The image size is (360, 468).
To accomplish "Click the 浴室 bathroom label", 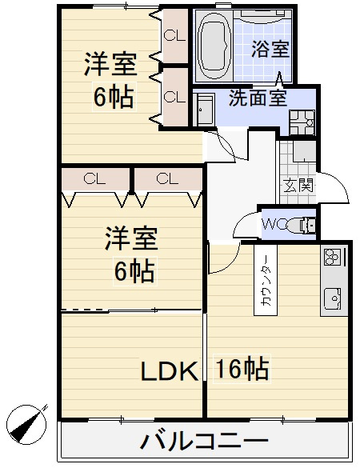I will [269, 49].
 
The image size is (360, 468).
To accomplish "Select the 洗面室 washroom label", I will [257, 99].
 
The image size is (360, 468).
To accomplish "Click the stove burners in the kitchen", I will [333, 258].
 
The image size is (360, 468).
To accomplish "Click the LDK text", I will [170, 370].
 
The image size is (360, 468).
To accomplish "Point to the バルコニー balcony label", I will [204, 441].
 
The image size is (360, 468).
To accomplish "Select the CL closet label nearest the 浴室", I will [174, 35].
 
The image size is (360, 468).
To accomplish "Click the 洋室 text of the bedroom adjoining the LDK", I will [132, 239].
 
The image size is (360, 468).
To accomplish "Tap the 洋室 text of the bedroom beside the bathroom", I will [110, 63].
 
